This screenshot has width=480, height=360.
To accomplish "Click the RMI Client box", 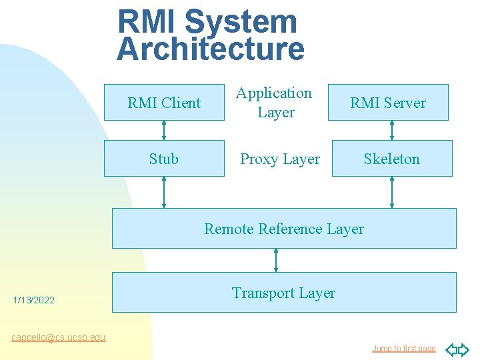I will coord(164,102).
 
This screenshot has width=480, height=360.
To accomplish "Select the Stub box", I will coord(164,159).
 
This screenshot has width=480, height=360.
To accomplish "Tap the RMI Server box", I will coord(388,102).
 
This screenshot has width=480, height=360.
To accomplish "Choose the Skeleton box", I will coord(392,159).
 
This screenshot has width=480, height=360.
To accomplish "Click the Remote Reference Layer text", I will coord(284,229).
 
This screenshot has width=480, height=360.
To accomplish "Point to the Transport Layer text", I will coord(283,293).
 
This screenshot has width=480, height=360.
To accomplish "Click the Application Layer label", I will coord(275,103).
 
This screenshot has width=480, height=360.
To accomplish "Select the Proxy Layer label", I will coord(280,159).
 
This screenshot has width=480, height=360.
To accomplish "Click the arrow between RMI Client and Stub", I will coord(164,130).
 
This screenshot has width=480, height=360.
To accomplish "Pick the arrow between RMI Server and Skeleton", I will coord(392,130).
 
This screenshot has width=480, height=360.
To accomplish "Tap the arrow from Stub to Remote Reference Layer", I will coord(164,192).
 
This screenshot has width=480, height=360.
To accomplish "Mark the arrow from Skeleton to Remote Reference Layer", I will coord(392,192).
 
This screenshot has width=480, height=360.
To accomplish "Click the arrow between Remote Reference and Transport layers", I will coord(276,260).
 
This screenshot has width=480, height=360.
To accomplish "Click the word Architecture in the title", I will coord(211,49).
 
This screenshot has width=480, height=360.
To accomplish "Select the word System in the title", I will coord(240,21).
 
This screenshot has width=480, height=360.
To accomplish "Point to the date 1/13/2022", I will coord(34,301).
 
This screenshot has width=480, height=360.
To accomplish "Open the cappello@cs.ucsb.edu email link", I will coord(59,337).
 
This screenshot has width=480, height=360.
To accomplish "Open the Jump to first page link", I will coord(403,349).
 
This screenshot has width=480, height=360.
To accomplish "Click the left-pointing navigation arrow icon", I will coord(451,349).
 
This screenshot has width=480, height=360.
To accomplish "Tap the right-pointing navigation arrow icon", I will coord(463,349).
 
